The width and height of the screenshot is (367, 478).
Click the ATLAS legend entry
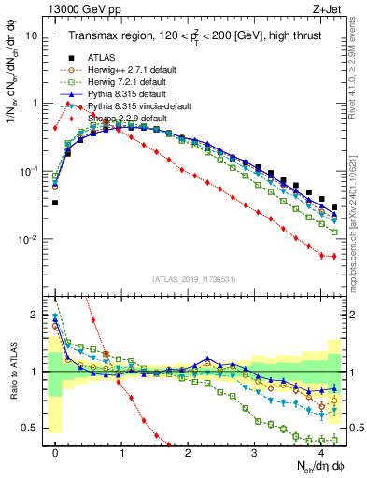point(100,58)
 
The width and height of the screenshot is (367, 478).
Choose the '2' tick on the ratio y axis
point(35,315)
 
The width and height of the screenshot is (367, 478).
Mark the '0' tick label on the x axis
point(56,453)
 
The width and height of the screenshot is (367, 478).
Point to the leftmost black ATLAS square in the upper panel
point(56,202)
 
